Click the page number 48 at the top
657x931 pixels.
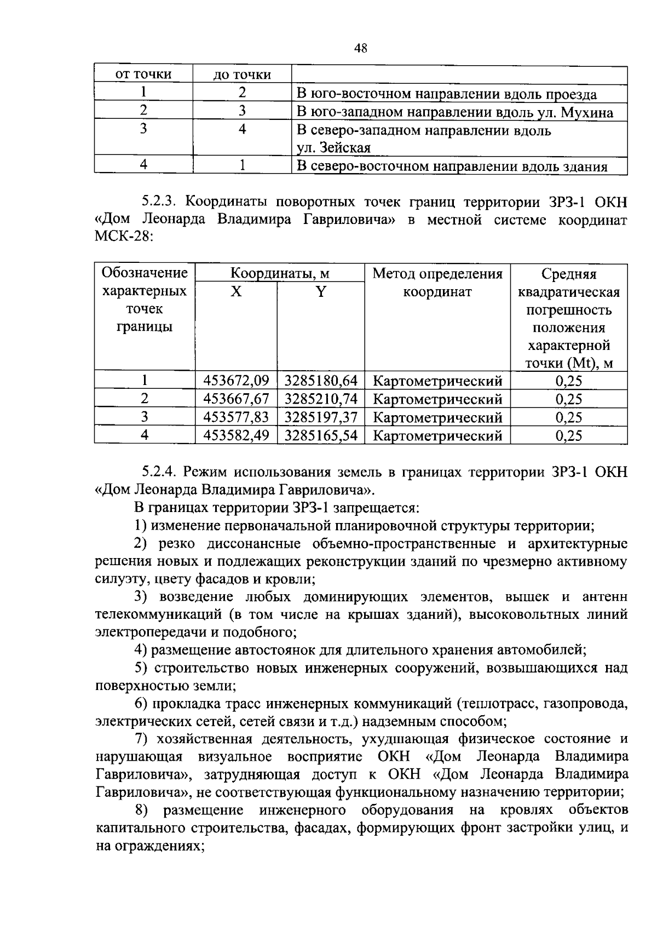click(360, 48)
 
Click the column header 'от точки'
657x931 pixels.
click(143, 74)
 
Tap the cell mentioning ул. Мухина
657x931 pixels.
click(454, 113)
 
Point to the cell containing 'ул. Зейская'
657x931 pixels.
click(333, 148)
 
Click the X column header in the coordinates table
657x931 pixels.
click(236, 291)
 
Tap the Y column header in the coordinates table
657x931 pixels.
click(321, 291)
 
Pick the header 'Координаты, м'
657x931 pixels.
click(279, 273)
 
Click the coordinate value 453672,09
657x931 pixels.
click(236, 380)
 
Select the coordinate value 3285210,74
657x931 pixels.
click(321, 399)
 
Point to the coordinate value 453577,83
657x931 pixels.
click(236, 417)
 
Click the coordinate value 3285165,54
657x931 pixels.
click(321, 435)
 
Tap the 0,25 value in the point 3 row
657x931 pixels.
click(568, 417)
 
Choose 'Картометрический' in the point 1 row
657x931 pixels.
click(437, 381)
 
